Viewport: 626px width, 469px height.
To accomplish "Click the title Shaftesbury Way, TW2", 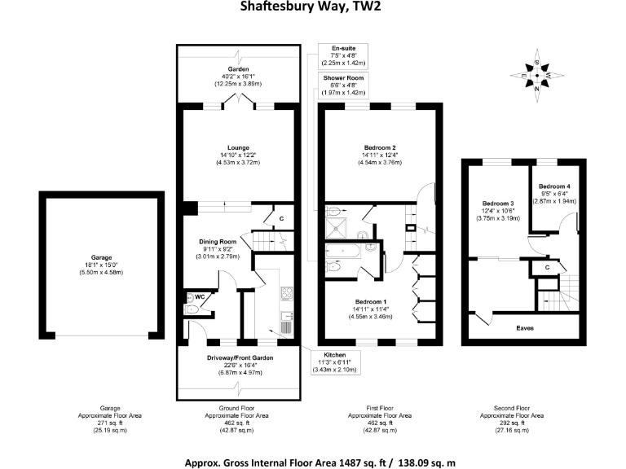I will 312,9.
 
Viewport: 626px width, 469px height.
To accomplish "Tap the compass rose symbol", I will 536,76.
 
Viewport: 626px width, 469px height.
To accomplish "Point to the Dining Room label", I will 218,241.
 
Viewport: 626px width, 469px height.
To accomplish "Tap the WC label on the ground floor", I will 199,296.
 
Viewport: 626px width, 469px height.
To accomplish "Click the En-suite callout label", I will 337,48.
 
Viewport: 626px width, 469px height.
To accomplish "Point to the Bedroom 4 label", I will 557,185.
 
